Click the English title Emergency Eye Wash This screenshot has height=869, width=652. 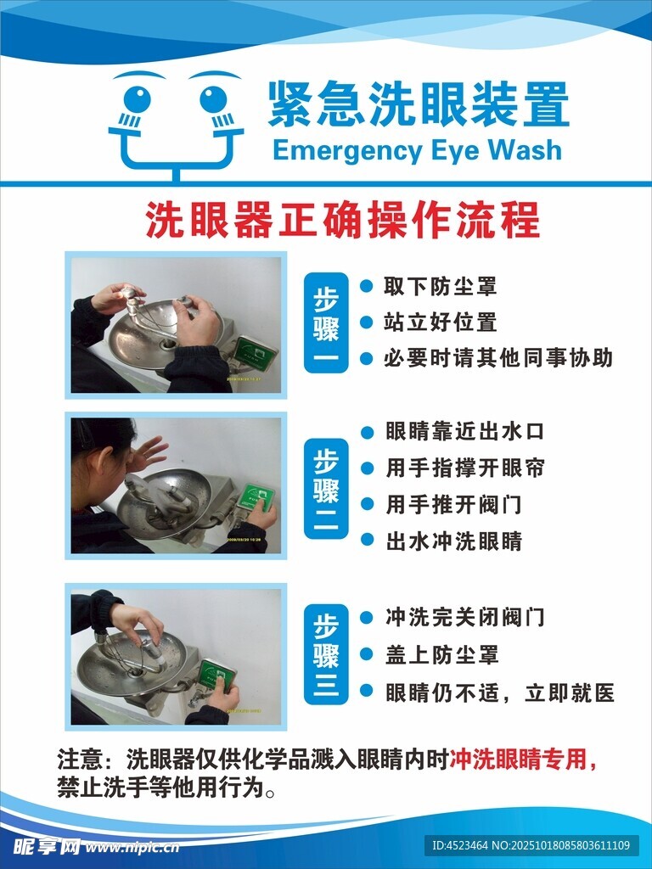coord(417,151)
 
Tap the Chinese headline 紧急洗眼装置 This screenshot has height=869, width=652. coord(419,104)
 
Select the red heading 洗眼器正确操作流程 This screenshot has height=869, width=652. coord(342,220)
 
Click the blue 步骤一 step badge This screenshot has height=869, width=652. coord(326,322)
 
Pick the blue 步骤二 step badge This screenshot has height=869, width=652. coord(326,488)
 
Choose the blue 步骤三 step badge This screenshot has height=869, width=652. coord(326,654)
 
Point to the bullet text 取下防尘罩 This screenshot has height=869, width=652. coord(440,287)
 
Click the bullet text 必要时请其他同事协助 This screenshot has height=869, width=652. coord(497,358)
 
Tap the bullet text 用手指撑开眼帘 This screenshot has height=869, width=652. coord(465,468)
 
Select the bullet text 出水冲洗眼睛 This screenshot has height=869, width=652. coord(453,541)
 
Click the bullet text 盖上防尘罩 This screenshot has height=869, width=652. coord(441,654)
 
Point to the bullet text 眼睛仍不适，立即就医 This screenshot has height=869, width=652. coord(500,692)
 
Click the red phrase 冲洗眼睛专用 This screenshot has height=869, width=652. coord(518,760)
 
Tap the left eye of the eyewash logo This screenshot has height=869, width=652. coord(137,100)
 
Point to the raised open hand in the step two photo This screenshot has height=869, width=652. coord(148,452)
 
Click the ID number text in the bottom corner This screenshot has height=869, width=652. coord(531,846)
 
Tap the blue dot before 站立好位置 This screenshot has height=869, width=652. coord(366,322)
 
